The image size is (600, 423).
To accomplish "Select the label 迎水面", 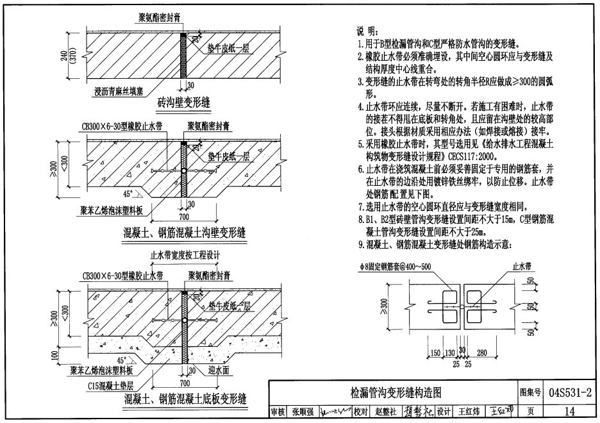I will pyautogui.click(x=220, y=371).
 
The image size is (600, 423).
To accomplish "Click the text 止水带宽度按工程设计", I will pyautogui.click(x=185, y=255).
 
